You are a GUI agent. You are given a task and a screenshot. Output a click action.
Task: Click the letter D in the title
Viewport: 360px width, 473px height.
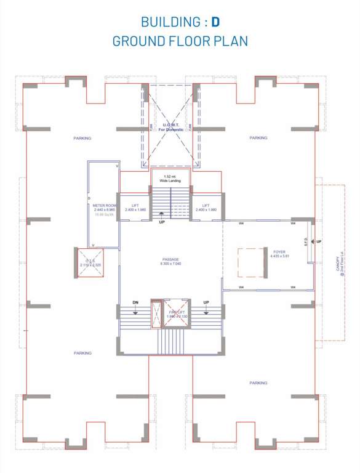click(x=215, y=22)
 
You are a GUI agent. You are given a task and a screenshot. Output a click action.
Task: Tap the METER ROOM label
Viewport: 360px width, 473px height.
click(x=105, y=204)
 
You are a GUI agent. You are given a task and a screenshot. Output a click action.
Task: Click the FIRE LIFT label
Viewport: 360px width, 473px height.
click(x=177, y=312)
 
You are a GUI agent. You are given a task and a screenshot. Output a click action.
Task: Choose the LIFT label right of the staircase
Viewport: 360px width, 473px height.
click(x=206, y=205)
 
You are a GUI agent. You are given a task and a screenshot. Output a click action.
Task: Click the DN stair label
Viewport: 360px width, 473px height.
click(x=136, y=302)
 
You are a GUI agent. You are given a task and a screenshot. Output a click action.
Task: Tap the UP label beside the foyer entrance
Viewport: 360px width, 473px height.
click(x=319, y=241)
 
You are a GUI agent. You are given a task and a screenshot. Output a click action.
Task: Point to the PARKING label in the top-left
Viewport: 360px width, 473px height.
click(x=82, y=138)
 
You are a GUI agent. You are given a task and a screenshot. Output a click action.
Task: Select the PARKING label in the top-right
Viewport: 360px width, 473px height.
click(x=258, y=138)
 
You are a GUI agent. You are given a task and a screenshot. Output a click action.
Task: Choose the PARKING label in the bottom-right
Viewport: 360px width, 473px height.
click(x=258, y=382)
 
